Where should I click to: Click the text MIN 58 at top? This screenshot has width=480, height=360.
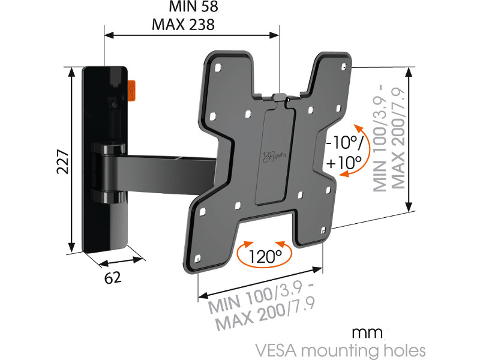coord(184,8)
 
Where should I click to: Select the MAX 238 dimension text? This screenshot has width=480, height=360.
coord(184,25)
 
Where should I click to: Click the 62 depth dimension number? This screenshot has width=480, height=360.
coord(113,278)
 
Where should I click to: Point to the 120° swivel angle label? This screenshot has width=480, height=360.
coord(266,257)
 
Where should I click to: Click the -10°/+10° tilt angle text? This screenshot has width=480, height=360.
coord(344,152)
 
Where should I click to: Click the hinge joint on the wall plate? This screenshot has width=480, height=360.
coord(106,171)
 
